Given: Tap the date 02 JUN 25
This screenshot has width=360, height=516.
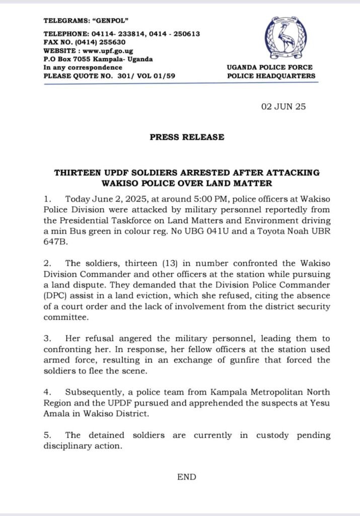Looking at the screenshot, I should point(282,107).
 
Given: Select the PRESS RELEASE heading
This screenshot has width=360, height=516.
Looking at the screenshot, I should point(187,137).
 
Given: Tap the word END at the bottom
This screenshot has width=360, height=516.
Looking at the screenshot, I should point(186,477).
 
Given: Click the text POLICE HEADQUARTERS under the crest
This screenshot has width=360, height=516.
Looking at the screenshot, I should point(271,76).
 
